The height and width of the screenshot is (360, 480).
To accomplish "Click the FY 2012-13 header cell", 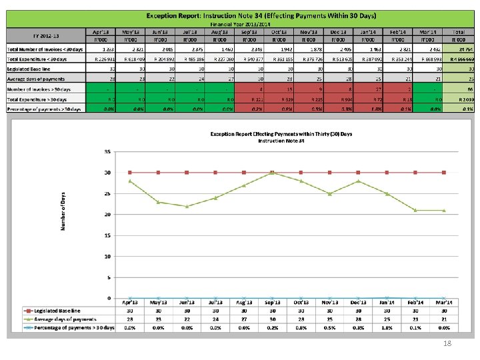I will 45,35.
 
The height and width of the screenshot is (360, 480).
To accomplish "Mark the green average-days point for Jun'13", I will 187,206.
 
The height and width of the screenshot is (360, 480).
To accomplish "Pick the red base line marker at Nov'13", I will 329,172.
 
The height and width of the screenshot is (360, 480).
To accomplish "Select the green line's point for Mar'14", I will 444,210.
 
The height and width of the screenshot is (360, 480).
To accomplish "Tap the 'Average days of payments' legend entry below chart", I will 60,319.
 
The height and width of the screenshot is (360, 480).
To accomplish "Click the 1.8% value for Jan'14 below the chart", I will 387,327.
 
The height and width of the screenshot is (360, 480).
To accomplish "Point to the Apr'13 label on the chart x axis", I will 129,303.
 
